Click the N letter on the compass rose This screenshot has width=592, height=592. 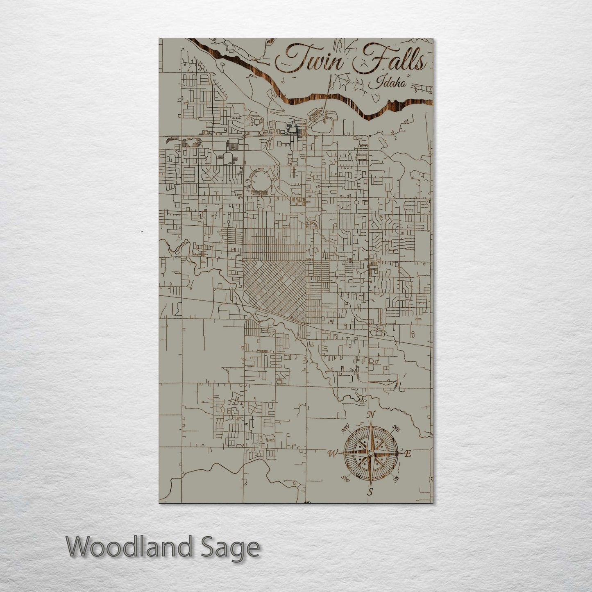click(372, 415)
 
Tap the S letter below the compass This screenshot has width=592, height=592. click(370, 492)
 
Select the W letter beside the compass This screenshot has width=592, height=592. click(332, 454)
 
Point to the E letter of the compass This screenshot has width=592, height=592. click(407, 454)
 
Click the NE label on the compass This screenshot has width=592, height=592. click(396, 428)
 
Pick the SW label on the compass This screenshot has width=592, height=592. click(346, 479)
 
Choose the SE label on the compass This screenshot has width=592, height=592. click(396, 478)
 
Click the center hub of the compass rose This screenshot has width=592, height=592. click(370, 453)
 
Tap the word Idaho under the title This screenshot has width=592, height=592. click(387, 83)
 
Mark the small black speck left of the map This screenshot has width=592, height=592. click(142, 231)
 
